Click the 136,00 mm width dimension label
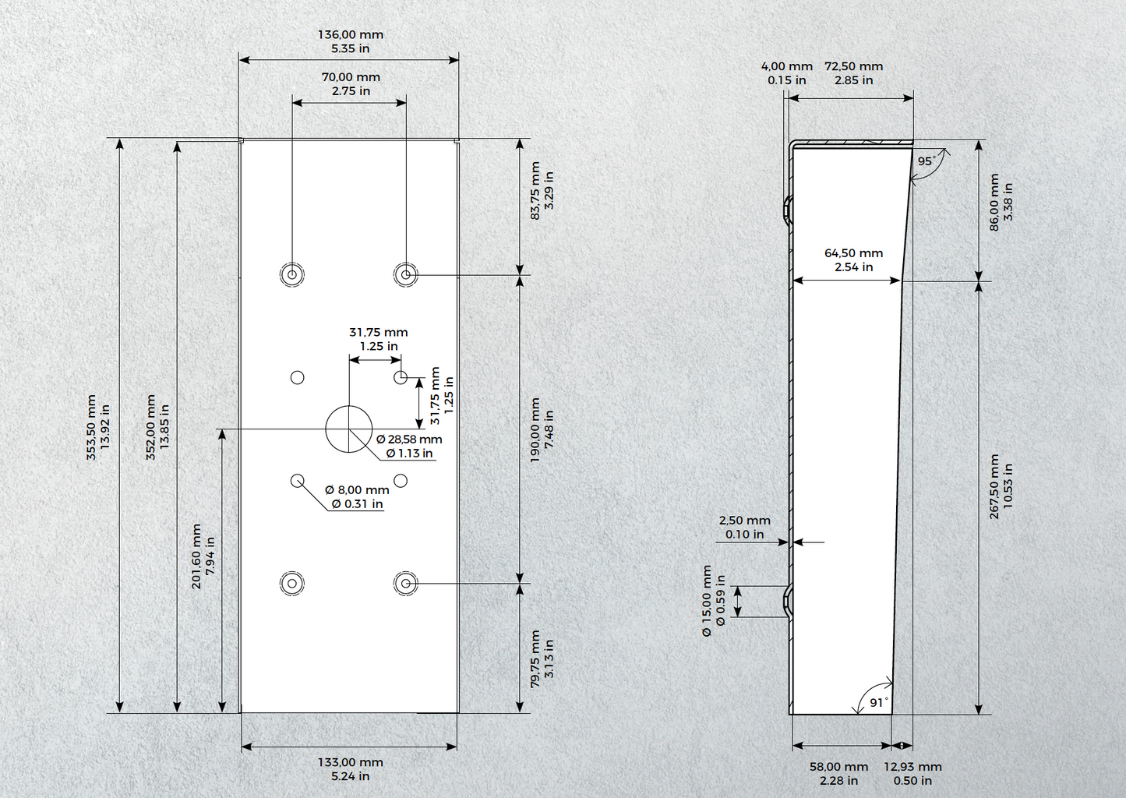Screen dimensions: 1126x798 351,42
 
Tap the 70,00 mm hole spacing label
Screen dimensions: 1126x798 351,84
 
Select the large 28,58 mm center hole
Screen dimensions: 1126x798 349,429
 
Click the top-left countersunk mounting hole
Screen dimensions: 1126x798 292,274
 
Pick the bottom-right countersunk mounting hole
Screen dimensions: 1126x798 406,583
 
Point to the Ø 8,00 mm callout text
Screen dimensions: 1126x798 357,496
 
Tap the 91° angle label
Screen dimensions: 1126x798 879,702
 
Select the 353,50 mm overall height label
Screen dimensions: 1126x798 98,427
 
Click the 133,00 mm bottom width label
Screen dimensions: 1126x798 351,769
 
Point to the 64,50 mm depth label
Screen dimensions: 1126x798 853,260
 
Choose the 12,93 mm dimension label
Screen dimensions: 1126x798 912,774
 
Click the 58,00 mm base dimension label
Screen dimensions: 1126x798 838,774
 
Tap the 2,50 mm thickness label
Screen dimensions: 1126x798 744,528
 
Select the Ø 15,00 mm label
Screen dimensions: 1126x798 714,600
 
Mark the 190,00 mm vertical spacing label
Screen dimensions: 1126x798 542,430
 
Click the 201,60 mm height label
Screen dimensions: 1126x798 203,556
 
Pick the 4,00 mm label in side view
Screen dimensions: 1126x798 787,73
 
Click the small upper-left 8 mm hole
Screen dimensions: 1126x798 297,378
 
